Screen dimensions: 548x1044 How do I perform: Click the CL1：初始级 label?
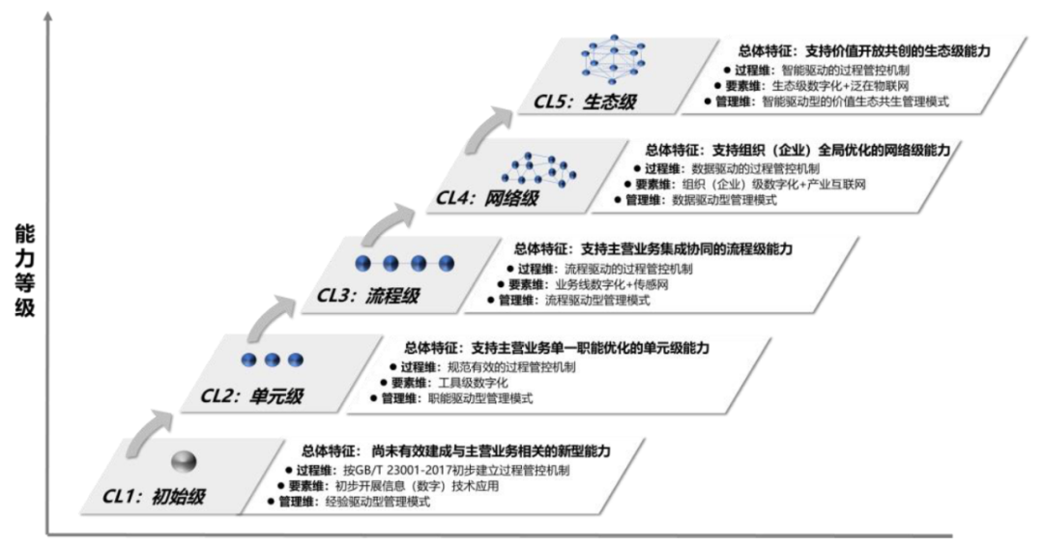coord(155,499)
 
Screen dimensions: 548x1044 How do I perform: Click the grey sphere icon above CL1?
coord(185,460)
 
